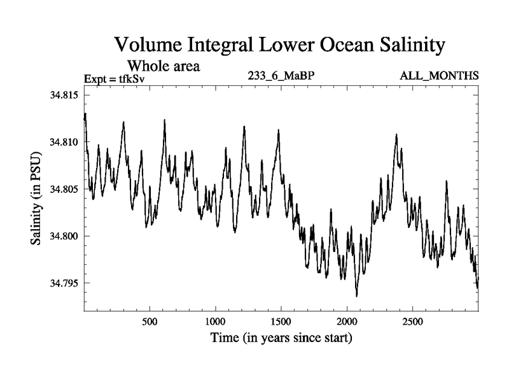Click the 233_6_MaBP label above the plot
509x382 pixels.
click(281, 76)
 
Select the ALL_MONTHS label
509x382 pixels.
click(439, 76)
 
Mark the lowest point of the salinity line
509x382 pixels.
click(356, 296)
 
